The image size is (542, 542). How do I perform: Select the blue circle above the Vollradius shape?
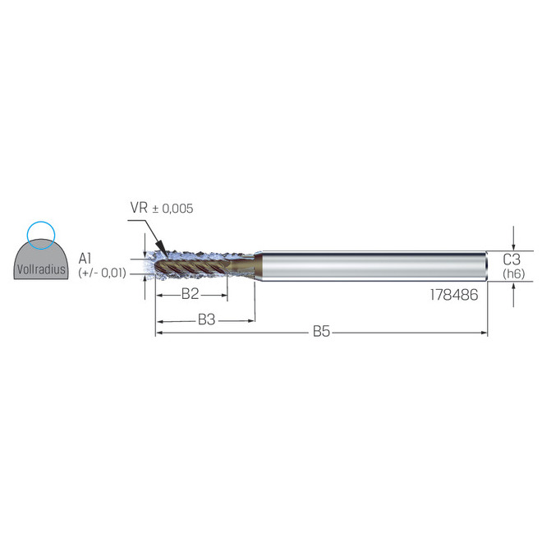click(39, 235)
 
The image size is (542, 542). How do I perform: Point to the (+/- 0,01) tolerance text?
click(102, 273)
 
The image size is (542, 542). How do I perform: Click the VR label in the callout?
click(138, 209)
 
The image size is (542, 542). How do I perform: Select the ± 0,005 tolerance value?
click(172, 209)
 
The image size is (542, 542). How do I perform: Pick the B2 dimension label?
click(191, 293)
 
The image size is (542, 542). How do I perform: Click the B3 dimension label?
click(206, 319)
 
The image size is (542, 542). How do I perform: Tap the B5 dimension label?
click(322, 332)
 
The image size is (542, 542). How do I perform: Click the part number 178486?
click(453, 294)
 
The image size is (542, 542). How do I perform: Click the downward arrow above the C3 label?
click(513, 244)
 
